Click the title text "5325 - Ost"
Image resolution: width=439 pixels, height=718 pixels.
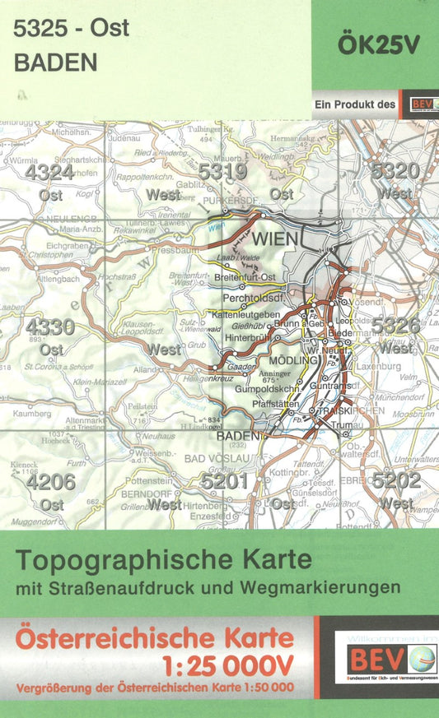(72, 29)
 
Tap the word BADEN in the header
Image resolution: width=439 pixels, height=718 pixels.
(55, 63)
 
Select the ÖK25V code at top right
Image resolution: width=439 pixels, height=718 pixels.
(380, 46)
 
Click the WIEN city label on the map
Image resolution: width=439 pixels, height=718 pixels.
(273, 240)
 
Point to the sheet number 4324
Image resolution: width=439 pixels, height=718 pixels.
(49, 173)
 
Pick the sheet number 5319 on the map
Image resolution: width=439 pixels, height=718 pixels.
(222, 172)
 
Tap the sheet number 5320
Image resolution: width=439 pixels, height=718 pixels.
(395, 171)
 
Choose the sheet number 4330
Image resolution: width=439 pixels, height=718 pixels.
(49, 327)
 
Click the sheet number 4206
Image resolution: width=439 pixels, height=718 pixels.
(49, 482)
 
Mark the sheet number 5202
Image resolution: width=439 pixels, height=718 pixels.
(396, 480)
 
